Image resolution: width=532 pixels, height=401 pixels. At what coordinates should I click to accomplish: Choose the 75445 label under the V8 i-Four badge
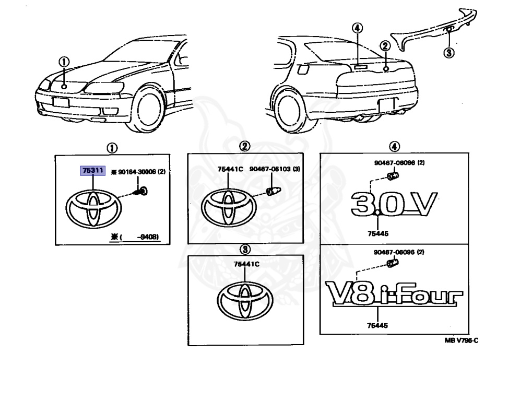click(x=377, y=325)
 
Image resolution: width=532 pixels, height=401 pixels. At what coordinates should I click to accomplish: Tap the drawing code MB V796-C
click(x=462, y=340)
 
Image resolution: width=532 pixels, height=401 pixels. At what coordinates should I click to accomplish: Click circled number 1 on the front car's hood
click(x=64, y=62)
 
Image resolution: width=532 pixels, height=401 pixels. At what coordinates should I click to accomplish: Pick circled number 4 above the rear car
click(x=357, y=28)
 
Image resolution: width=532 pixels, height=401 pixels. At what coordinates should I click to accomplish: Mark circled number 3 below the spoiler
click(x=448, y=52)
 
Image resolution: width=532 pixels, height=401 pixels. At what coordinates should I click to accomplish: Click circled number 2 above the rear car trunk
click(x=385, y=46)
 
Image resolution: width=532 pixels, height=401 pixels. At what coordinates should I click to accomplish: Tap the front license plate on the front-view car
click(x=61, y=102)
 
